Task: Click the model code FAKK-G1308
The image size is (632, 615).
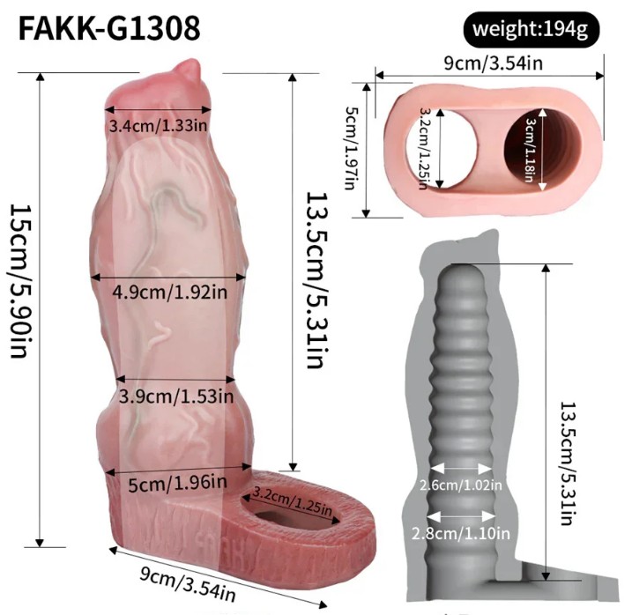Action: (109, 28)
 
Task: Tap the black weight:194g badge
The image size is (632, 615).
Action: (532, 30)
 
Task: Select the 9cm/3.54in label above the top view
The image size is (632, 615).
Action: (493, 63)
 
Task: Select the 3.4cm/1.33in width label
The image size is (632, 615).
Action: (159, 126)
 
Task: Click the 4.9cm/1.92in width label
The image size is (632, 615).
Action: (170, 292)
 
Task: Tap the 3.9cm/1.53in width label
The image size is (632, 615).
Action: (176, 396)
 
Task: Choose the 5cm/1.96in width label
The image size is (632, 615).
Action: (177, 483)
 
